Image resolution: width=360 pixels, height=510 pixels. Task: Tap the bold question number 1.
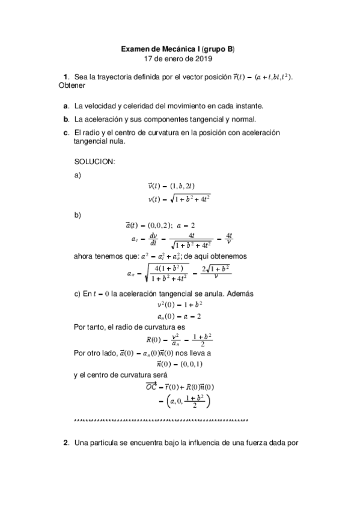[66, 77]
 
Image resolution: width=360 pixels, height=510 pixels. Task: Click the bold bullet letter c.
[66, 132]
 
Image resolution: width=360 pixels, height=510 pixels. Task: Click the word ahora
[84, 256]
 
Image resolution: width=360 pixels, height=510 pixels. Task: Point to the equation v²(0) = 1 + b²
[179, 304]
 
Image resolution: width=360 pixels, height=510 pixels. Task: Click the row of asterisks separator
[160, 420]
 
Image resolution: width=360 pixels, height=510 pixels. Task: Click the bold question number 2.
[66, 443]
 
